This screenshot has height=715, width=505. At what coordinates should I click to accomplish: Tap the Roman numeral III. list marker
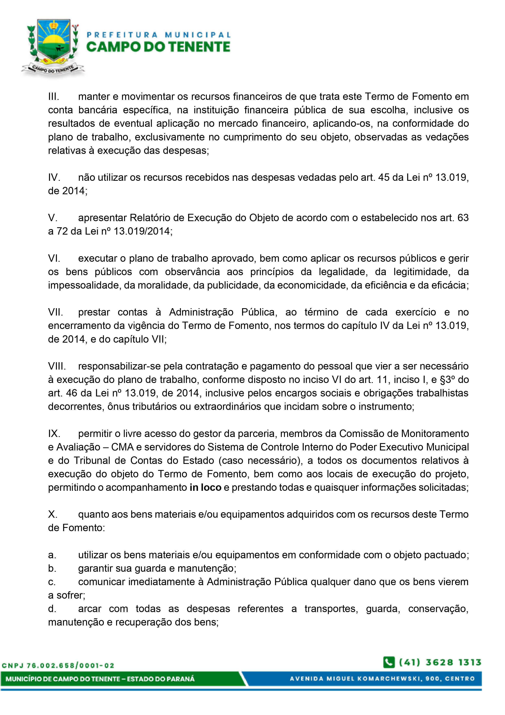tap(54, 97)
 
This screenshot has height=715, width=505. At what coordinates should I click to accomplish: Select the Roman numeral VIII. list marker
tap(57, 366)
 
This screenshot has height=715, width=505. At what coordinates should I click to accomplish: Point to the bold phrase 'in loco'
tap(205, 487)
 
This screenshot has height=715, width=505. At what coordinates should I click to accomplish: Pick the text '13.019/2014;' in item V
tap(143, 231)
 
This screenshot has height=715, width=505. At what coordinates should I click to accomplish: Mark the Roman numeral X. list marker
tap(53, 514)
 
